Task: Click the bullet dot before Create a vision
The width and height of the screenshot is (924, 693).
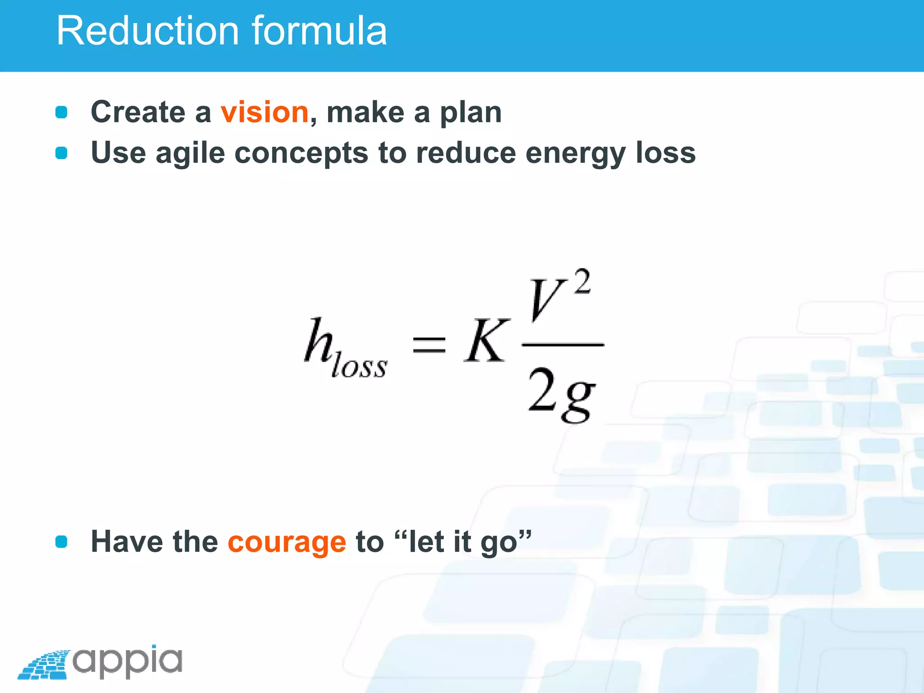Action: [61, 112]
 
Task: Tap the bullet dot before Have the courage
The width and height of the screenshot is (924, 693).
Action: [61, 541]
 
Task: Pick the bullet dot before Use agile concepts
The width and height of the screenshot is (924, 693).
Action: [61, 153]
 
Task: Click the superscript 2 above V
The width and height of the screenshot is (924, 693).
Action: [582, 282]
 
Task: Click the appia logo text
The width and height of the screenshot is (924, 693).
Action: [128, 661]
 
